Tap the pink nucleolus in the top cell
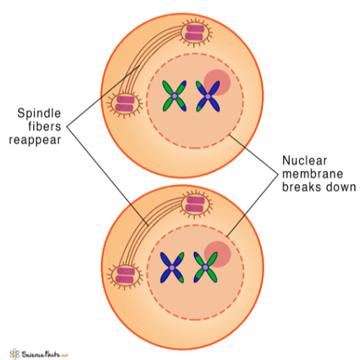click(x=219, y=82)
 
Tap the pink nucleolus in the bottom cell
click(x=218, y=254)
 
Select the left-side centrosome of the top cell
click(x=125, y=104)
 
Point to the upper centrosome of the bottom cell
click(x=196, y=204)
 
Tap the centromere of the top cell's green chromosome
click(x=173, y=93)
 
